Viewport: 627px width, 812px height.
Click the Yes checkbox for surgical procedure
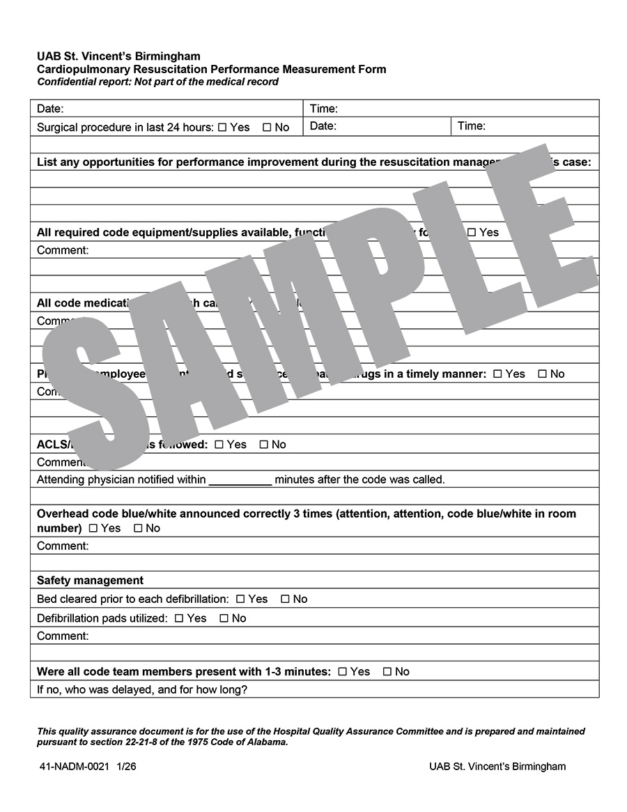[222, 128]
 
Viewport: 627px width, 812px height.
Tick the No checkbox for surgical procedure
[267, 128]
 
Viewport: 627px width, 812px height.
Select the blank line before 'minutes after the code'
[240, 480]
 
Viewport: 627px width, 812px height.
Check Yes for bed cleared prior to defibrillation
[240, 599]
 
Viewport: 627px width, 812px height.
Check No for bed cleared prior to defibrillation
[285, 599]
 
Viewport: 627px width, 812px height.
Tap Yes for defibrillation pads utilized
[179, 618]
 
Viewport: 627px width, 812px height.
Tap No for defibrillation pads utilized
[224, 618]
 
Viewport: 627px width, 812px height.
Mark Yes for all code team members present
[342, 672]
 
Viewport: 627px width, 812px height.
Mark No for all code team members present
[387, 672]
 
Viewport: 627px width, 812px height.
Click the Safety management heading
[90, 581]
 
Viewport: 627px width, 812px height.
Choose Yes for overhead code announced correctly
[93, 528]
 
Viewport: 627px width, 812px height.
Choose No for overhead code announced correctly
[138, 528]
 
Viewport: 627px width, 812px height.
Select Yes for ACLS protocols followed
[219, 445]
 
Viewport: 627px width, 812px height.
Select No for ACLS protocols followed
[264, 445]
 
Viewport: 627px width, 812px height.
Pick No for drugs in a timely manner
[543, 374]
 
